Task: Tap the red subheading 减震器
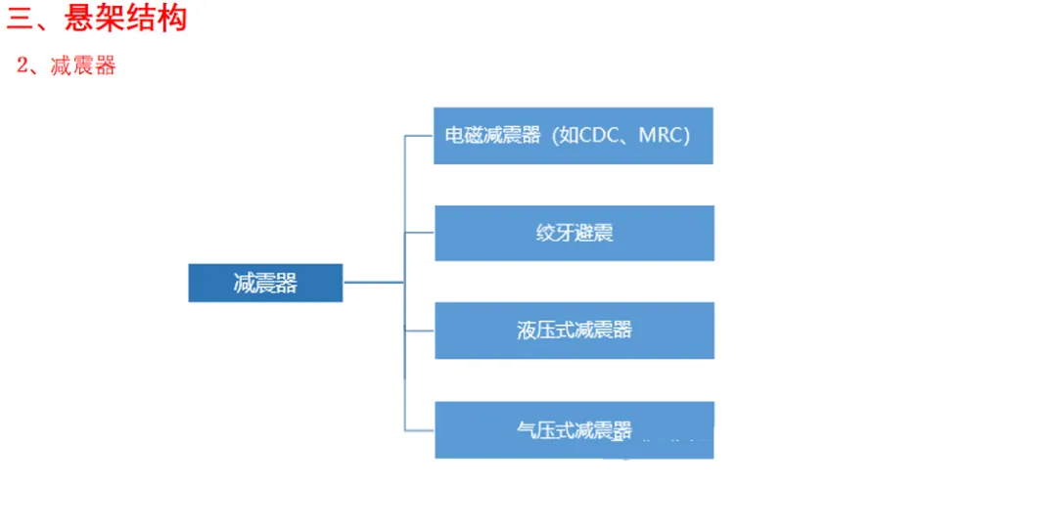click(x=83, y=66)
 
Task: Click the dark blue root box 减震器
click(x=265, y=283)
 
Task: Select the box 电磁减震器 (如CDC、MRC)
click(x=573, y=136)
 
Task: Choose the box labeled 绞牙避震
click(x=574, y=233)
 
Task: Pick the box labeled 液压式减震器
click(x=574, y=330)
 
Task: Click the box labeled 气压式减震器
click(x=574, y=429)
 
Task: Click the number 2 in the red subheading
click(x=23, y=66)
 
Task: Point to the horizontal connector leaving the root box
click(x=373, y=283)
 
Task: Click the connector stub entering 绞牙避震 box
click(x=420, y=233)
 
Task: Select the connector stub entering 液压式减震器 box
click(x=420, y=330)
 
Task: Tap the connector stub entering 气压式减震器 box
click(x=420, y=429)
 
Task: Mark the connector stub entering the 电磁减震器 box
click(x=419, y=136)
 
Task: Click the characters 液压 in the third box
click(x=533, y=330)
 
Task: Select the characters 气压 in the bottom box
click(x=533, y=429)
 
